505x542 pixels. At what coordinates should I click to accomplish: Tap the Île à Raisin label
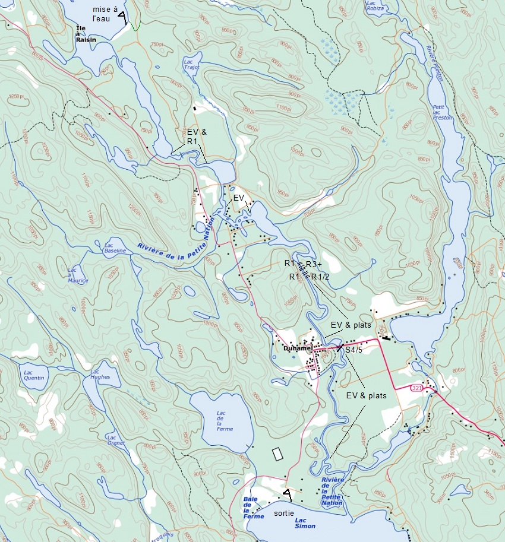click(86, 33)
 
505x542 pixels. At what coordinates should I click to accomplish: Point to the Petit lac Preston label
click(443, 112)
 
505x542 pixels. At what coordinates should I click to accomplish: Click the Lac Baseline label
click(115, 248)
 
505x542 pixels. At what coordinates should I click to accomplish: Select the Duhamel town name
click(298, 348)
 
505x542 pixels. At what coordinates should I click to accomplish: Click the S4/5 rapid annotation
click(353, 350)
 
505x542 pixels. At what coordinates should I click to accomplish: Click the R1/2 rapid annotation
click(320, 277)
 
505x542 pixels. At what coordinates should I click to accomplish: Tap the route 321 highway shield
click(418, 387)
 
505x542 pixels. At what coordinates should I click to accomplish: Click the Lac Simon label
click(304, 522)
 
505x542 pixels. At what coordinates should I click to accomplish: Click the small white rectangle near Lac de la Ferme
click(277, 454)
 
